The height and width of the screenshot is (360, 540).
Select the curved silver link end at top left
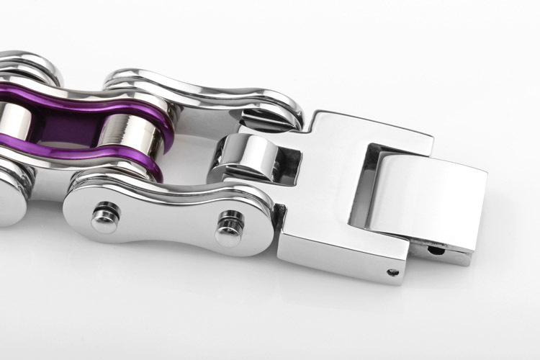(29, 65)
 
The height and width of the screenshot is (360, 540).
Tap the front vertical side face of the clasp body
(338, 256)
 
